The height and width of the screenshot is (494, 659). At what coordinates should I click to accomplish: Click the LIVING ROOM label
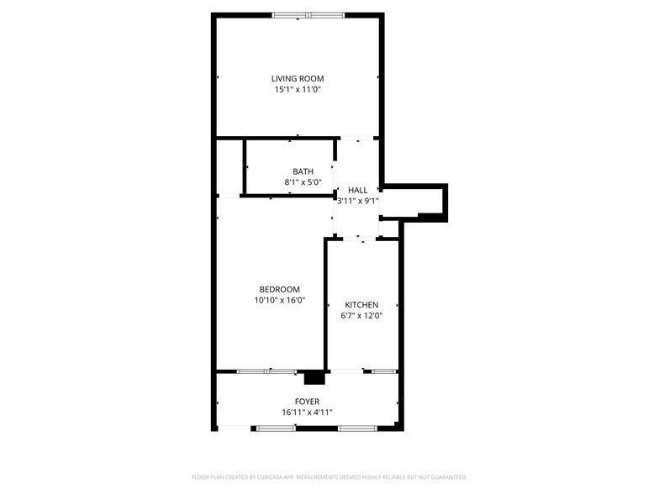click(298, 79)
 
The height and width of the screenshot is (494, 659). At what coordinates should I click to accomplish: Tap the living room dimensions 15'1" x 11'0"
click(298, 90)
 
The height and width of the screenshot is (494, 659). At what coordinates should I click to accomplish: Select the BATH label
click(303, 171)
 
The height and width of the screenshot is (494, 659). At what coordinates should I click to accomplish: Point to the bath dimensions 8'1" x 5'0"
click(303, 182)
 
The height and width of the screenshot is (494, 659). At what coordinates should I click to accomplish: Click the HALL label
click(358, 190)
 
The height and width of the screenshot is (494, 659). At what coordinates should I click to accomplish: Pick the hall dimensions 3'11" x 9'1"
click(358, 201)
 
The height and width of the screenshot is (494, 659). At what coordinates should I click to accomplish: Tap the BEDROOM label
click(279, 290)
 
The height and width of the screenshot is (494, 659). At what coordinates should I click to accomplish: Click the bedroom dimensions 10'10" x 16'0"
click(279, 301)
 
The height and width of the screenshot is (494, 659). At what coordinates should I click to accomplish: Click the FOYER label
click(307, 402)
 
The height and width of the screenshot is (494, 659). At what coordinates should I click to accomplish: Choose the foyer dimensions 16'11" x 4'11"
click(307, 413)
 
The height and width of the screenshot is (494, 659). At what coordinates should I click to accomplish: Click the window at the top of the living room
click(308, 14)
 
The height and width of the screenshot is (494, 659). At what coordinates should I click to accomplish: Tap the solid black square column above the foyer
click(314, 378)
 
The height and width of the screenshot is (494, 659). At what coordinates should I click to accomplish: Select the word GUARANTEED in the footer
click(446, 476)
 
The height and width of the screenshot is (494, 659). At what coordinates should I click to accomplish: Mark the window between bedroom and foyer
click(266, 370)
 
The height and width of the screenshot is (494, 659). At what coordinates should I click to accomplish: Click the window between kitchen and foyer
click(384, 370)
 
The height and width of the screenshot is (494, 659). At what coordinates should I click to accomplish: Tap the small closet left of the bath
click(229, 167)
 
